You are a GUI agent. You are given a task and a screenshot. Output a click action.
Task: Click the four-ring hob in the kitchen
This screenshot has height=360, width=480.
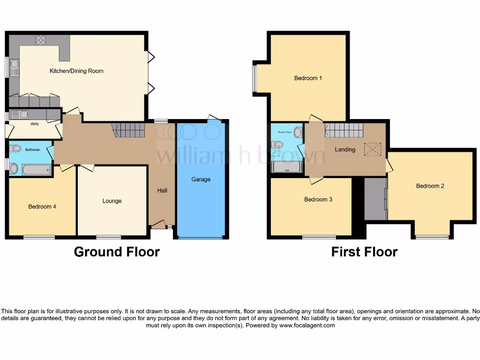pos(41,40)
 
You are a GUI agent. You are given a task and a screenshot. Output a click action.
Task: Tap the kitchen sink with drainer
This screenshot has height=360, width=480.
pos(14,68)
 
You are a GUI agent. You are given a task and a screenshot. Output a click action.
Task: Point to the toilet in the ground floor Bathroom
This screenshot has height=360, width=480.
pos(15,149)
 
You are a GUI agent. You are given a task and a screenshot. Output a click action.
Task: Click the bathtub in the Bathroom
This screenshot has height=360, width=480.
pos(36,169)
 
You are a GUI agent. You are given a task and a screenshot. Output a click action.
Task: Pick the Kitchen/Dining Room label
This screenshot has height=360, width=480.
pos(76,71)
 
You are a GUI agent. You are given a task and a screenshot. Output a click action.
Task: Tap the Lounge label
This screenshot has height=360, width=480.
pos(112,201)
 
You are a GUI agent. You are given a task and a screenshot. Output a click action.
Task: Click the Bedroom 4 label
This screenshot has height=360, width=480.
pos(42,206)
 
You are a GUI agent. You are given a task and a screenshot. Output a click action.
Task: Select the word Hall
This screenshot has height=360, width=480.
pos(162,190)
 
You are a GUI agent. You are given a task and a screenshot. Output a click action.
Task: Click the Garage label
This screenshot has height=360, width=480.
pos(201,180)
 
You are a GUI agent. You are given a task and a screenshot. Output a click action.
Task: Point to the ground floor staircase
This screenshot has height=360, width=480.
pos(129,130)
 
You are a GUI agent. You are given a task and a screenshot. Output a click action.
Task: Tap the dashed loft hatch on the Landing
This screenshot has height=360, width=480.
pos(373,150)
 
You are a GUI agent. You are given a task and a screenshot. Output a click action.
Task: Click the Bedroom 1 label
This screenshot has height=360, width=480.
pos(308,78)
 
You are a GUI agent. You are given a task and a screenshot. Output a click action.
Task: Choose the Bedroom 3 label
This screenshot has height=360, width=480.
pos(318,200)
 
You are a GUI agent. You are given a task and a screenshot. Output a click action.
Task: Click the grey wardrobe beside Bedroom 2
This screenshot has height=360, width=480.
pos(375,199)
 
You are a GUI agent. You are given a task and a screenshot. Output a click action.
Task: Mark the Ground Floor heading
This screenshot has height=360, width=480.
pos(117,252)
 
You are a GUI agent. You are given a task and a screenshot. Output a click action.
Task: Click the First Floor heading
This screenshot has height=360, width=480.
pos(364,252)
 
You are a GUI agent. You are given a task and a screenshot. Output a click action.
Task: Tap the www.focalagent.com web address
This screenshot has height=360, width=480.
pos(307,325)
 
